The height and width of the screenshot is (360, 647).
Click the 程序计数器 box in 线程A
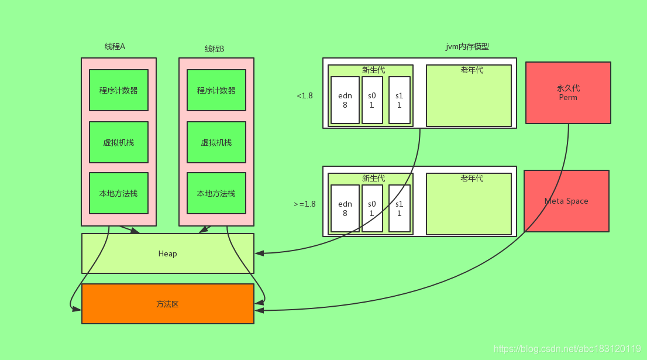pos(118,90)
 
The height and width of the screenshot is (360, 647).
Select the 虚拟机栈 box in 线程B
pos(216,142)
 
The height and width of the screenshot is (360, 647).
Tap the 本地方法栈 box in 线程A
pos(118,193)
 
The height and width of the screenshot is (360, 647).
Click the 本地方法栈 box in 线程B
pos(216,193)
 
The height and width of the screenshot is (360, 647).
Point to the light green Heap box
pos(167,253)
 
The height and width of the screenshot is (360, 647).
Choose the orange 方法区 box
pos(167,304)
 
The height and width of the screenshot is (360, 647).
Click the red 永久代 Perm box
pos(568,92)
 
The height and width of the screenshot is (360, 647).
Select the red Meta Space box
pos(566,201)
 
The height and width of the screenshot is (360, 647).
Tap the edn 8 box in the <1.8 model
pos(345,100)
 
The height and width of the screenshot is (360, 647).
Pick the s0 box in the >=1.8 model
pos(372,208)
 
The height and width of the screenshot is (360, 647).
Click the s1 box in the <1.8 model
pos(399,100)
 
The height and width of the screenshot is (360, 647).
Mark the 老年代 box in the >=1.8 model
pos(469,204)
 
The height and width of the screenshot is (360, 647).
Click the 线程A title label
pos(115,47)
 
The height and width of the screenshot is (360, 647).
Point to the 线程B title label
pos(214,49)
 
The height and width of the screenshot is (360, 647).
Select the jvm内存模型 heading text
pos(467,47)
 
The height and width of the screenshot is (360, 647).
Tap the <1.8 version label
pos(304,95)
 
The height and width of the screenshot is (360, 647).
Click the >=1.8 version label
pos(304,204)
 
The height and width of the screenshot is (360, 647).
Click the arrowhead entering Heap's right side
pos(259,253)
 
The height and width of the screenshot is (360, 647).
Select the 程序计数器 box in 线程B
pos(216,90)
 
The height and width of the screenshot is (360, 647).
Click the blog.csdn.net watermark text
pos(567,349)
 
